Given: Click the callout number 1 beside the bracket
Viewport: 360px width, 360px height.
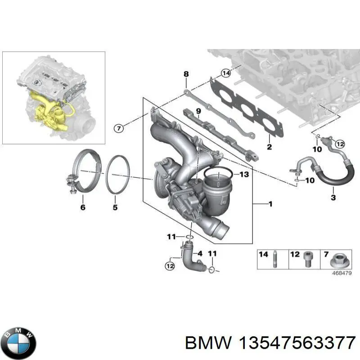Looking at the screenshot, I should pyautogui.click(x=270, y=204).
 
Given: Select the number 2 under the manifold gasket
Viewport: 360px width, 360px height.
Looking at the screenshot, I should pyautogui.click(x=269, y=147).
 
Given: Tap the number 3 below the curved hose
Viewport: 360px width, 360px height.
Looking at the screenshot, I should pyautogui.click(x=333, y=198).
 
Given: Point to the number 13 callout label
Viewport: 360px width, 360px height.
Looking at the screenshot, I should pyautogui.click(x=243, y=175).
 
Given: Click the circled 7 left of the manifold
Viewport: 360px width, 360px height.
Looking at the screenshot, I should pyautogui.click(x=118, y=129).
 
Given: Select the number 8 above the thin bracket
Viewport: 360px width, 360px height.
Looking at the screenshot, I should pyautogui.click(x=185, y=74).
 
